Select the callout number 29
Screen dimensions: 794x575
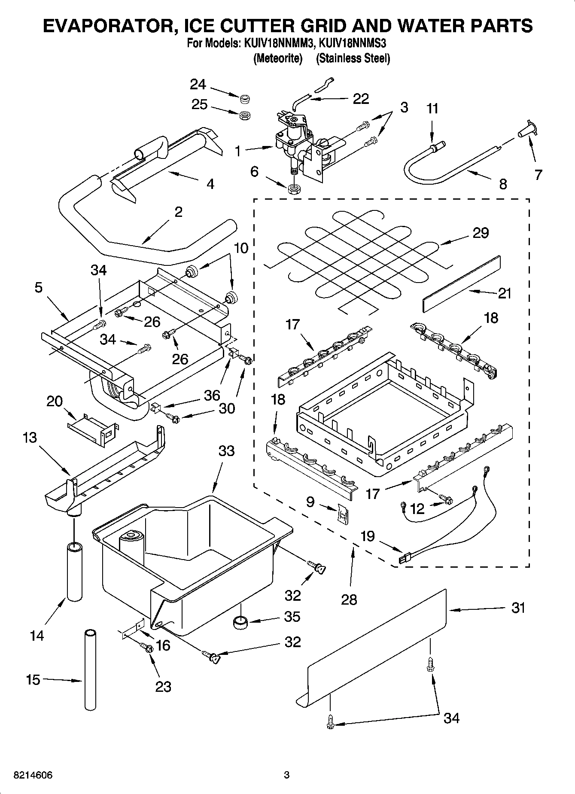coord(481,233)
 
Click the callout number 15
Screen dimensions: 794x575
coord(33,680)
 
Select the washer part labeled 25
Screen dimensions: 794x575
coord(245,115)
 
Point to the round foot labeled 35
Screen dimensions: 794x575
coord(240,621)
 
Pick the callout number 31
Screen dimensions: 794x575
coord(518,608)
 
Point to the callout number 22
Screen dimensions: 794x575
coord(360,99)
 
